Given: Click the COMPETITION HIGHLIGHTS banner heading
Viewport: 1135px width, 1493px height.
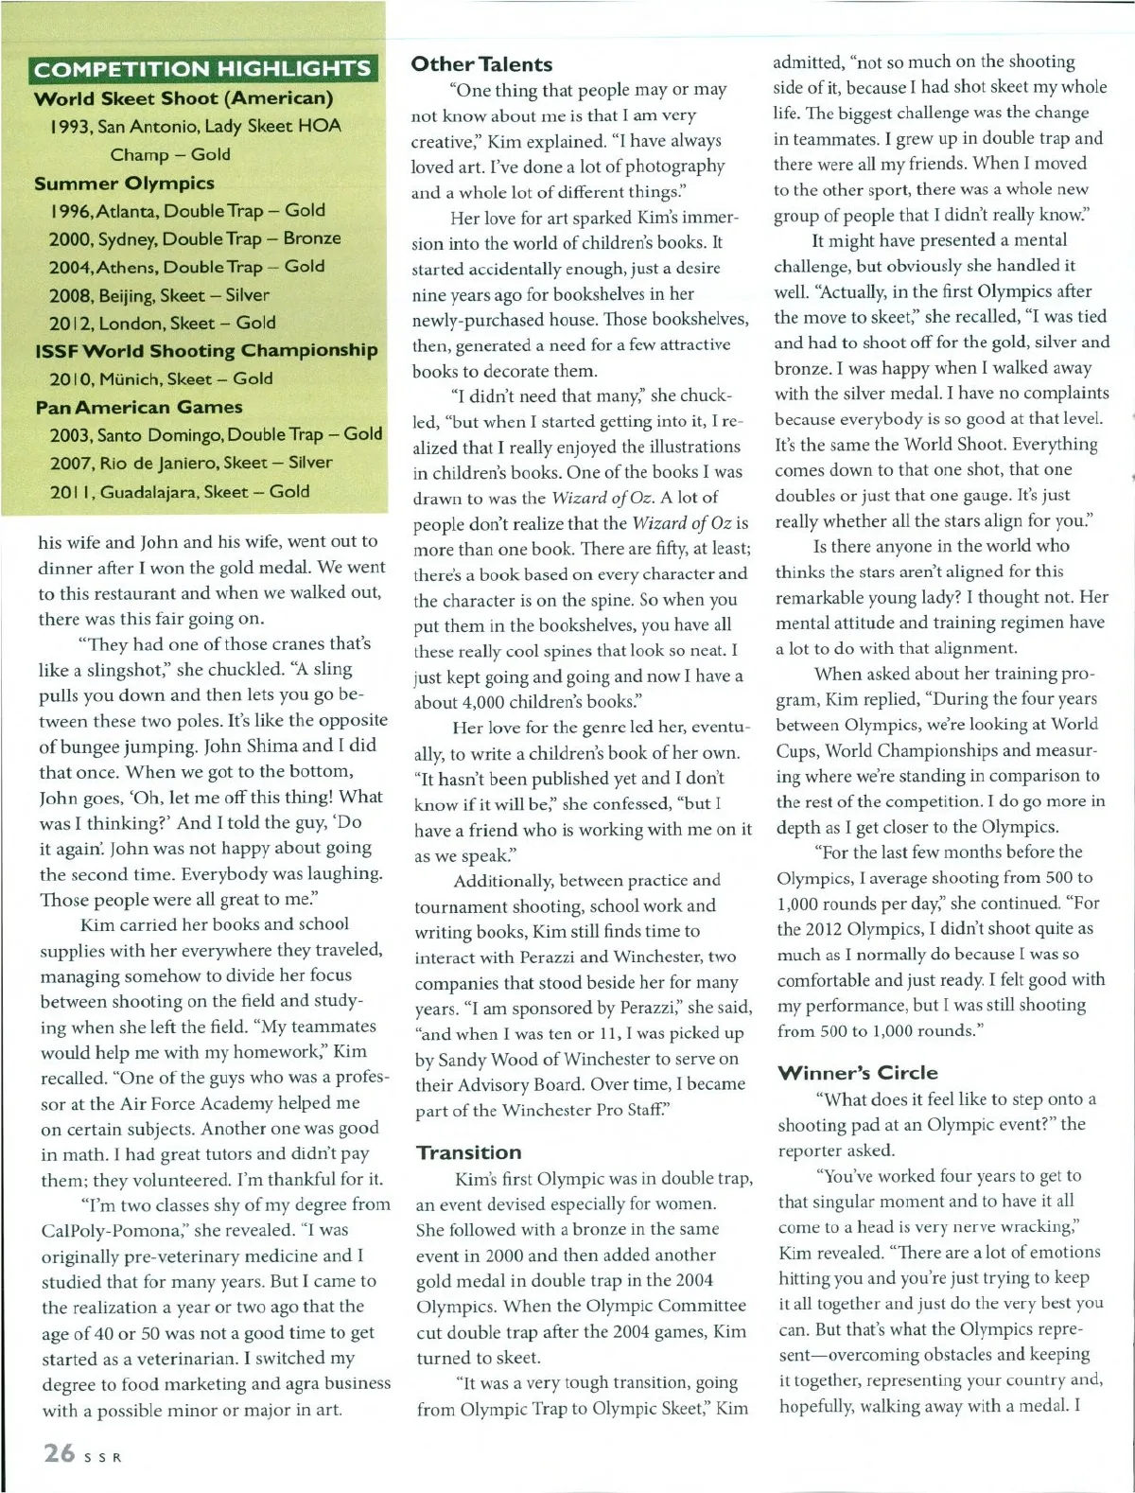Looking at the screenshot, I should pos(202,69).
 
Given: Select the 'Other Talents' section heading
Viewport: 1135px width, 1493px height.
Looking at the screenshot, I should pos(481,64).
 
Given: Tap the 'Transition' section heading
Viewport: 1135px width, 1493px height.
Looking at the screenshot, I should pos(468,1152).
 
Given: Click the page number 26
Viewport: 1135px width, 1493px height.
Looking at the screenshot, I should pos(59,1452).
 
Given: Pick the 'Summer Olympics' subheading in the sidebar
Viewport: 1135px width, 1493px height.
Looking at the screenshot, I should pos(124,183).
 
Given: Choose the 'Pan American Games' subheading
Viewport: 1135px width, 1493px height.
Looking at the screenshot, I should pos(139,407).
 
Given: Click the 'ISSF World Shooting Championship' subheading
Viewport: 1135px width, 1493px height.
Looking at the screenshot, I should pos(206,350).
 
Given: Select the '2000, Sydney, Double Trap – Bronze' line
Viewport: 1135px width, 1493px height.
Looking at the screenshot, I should pos(195,238).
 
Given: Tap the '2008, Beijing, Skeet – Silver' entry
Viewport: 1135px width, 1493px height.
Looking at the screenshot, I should pos(159,295).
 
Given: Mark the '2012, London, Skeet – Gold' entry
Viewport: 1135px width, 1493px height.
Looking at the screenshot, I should pos(162,323).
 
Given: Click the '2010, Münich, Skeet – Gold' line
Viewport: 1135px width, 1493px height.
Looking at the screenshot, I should pos(161,378).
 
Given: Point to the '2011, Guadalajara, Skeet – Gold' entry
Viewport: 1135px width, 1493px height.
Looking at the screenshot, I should pos(180,491).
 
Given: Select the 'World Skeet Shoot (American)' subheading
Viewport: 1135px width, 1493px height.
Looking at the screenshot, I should pos(183,98).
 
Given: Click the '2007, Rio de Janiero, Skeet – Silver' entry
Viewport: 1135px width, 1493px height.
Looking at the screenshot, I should pos(191,463).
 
